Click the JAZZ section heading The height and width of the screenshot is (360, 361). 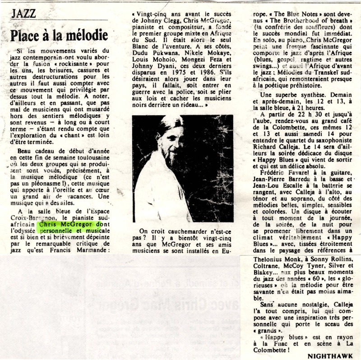click(24, 13)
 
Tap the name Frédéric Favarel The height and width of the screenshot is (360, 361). click(283, 174)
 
